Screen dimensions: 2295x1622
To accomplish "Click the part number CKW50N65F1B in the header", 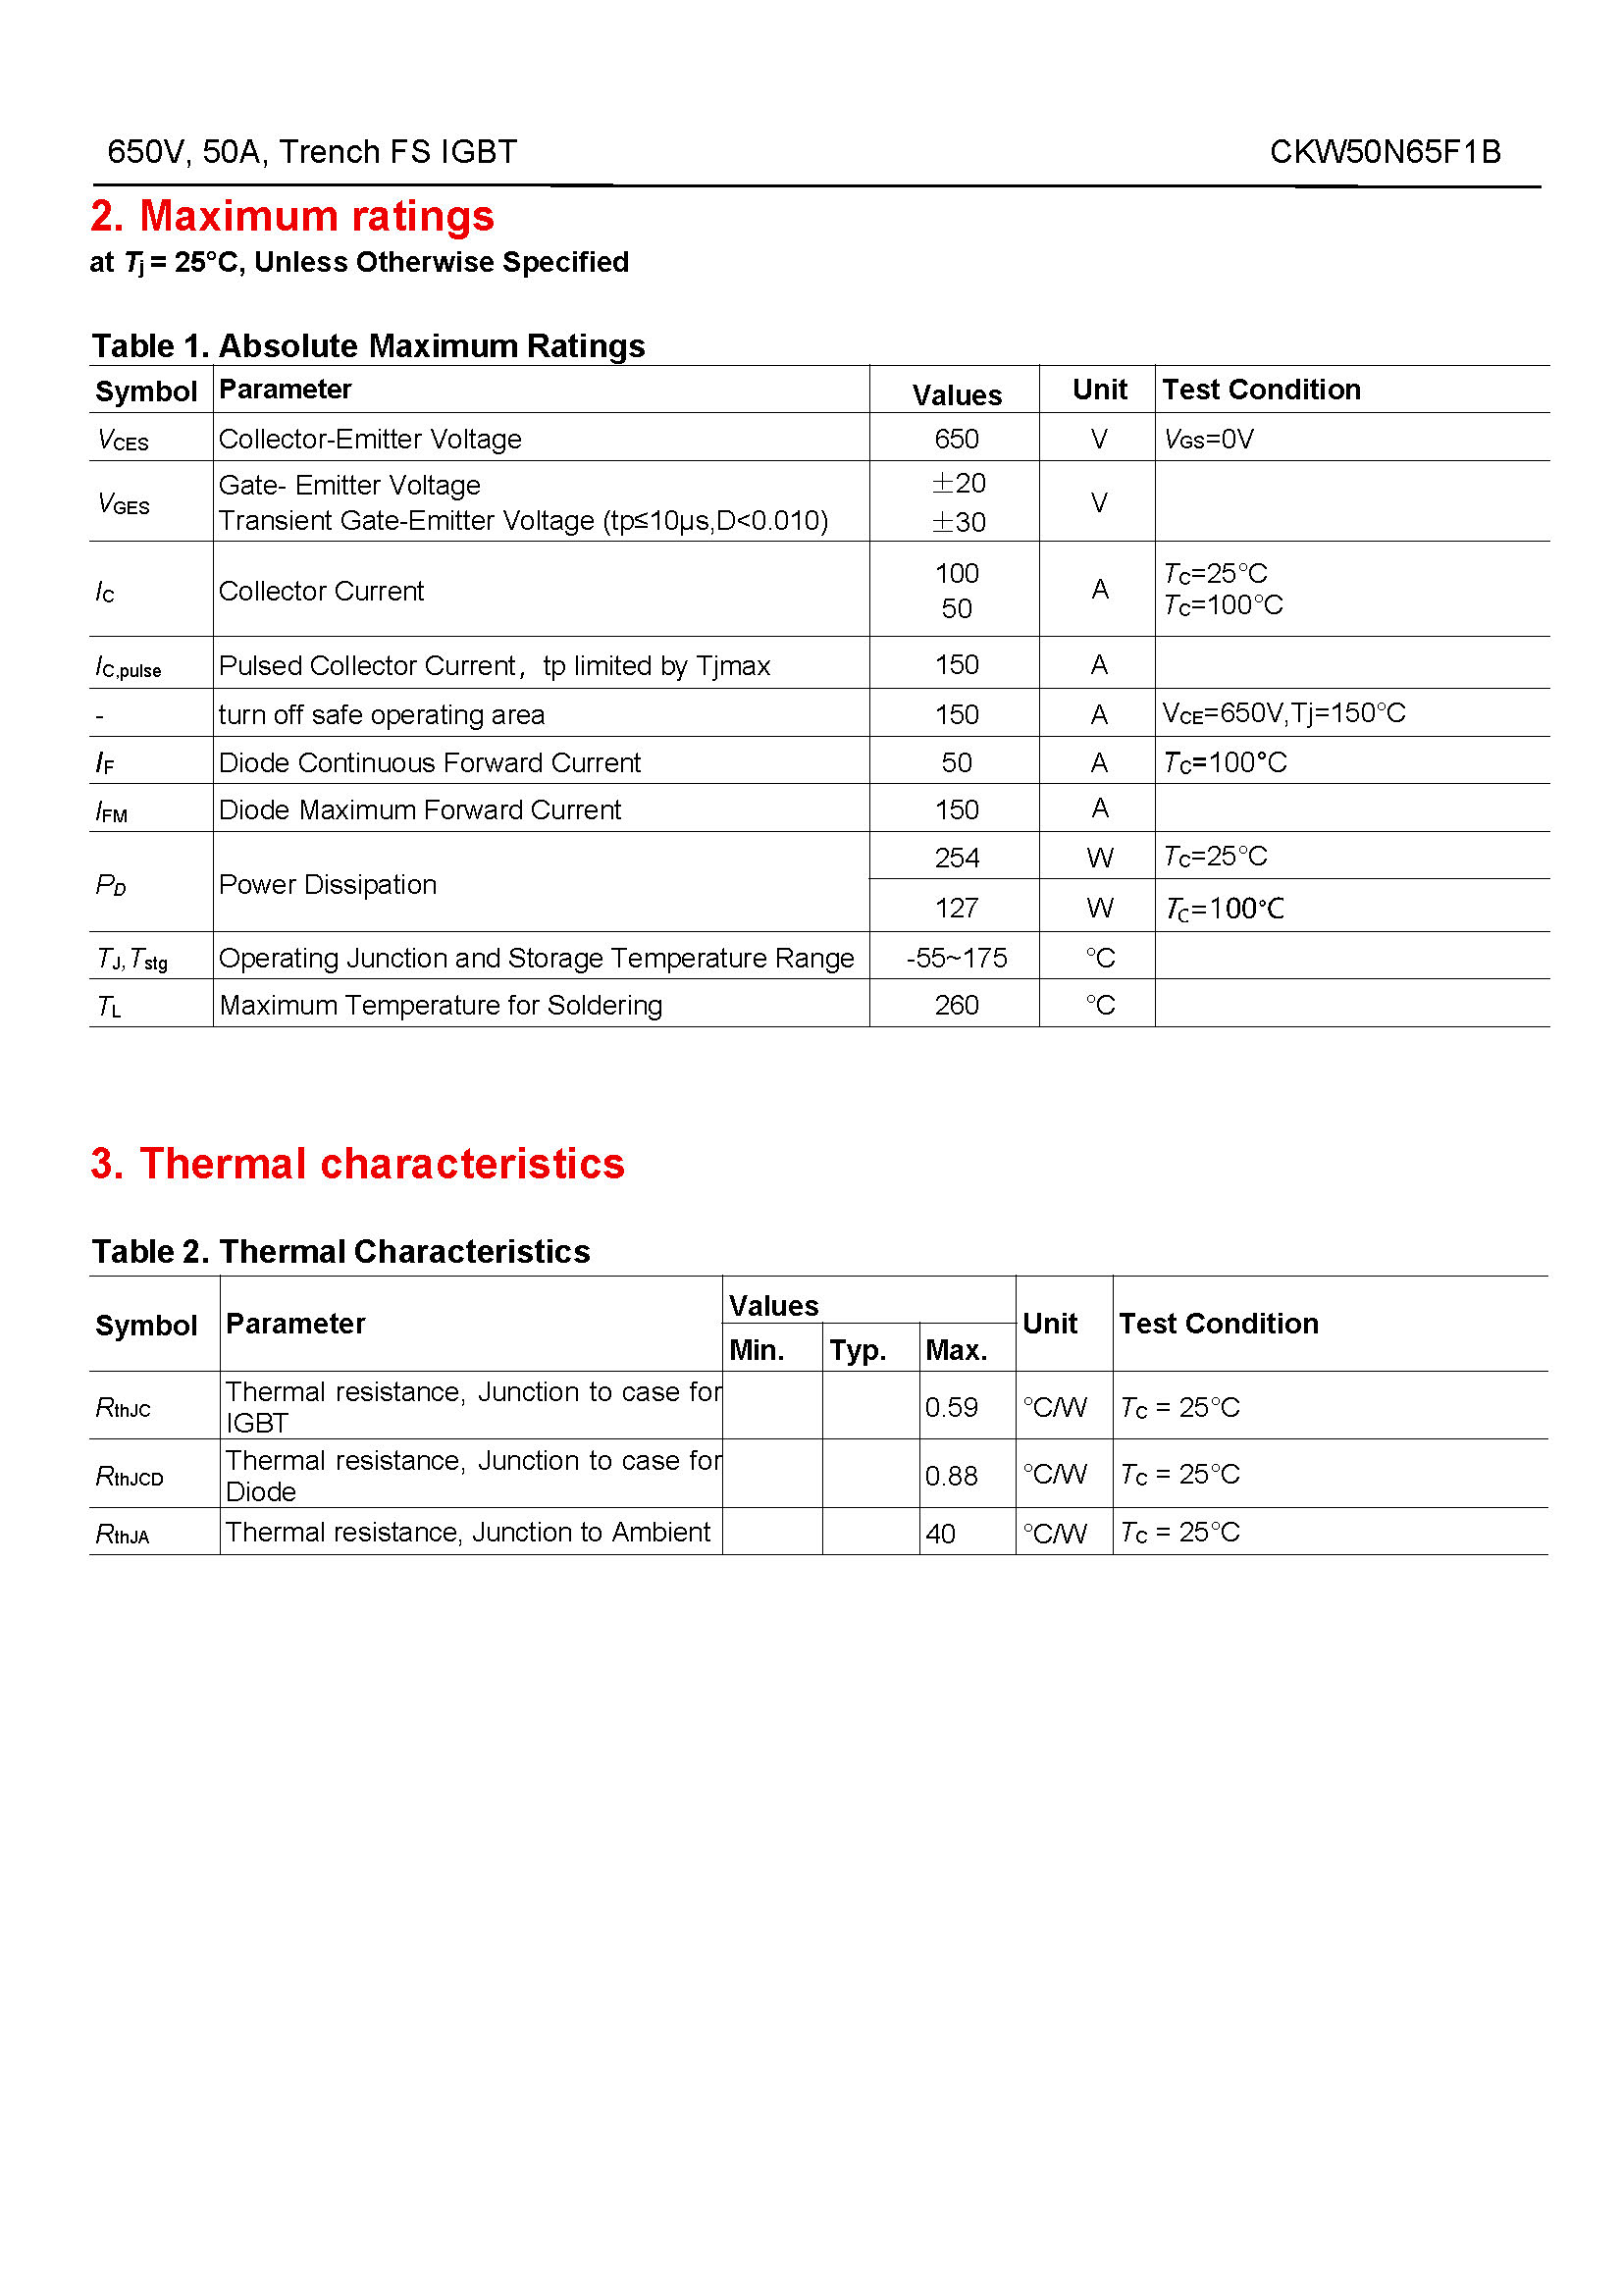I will pos(1385,152).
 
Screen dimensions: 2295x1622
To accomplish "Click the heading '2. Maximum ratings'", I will pos(291,216).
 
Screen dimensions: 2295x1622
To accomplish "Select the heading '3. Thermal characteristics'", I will pos(357,1164).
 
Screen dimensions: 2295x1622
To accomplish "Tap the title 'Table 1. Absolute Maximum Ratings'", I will pos(368,345).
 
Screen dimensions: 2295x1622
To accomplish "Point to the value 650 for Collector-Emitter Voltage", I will pos(957,439).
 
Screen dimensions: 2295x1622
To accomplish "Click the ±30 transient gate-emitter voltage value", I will pos(959,522).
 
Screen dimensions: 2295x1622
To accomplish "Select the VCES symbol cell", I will pos(123,440).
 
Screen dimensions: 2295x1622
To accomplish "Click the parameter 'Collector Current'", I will pos(321,591).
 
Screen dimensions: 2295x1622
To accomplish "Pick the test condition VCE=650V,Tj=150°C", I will pos(1283,713).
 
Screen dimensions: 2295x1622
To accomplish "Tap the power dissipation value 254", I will pos(957,858).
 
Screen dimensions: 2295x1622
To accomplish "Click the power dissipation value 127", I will pos(957,908).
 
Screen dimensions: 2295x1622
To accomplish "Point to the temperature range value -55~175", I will pos(957,958).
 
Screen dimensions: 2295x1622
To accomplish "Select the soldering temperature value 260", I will pos(957,1005).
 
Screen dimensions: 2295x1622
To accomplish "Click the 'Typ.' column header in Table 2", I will pos(858,1350).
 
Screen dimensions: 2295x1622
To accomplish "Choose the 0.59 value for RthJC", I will pos(951,1407).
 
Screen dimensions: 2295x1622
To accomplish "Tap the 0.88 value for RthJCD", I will pos(951,1476).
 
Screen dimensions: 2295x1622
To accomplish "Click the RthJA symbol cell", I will pos(122,1534).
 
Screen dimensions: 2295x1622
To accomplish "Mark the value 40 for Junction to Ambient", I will pos(940,1534).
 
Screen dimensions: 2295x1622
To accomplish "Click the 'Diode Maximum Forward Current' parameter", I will pos(420,809).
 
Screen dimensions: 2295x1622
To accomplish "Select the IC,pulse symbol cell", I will pos(128,666).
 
